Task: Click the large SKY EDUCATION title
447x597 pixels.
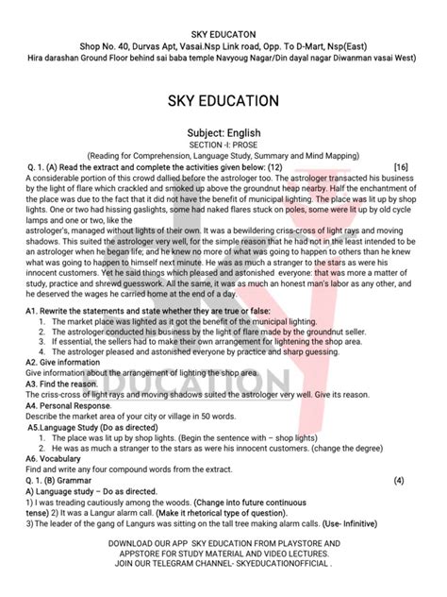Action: [223, 100]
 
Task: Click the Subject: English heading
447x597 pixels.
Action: [223, 133]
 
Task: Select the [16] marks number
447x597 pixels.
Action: [402, 166]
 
